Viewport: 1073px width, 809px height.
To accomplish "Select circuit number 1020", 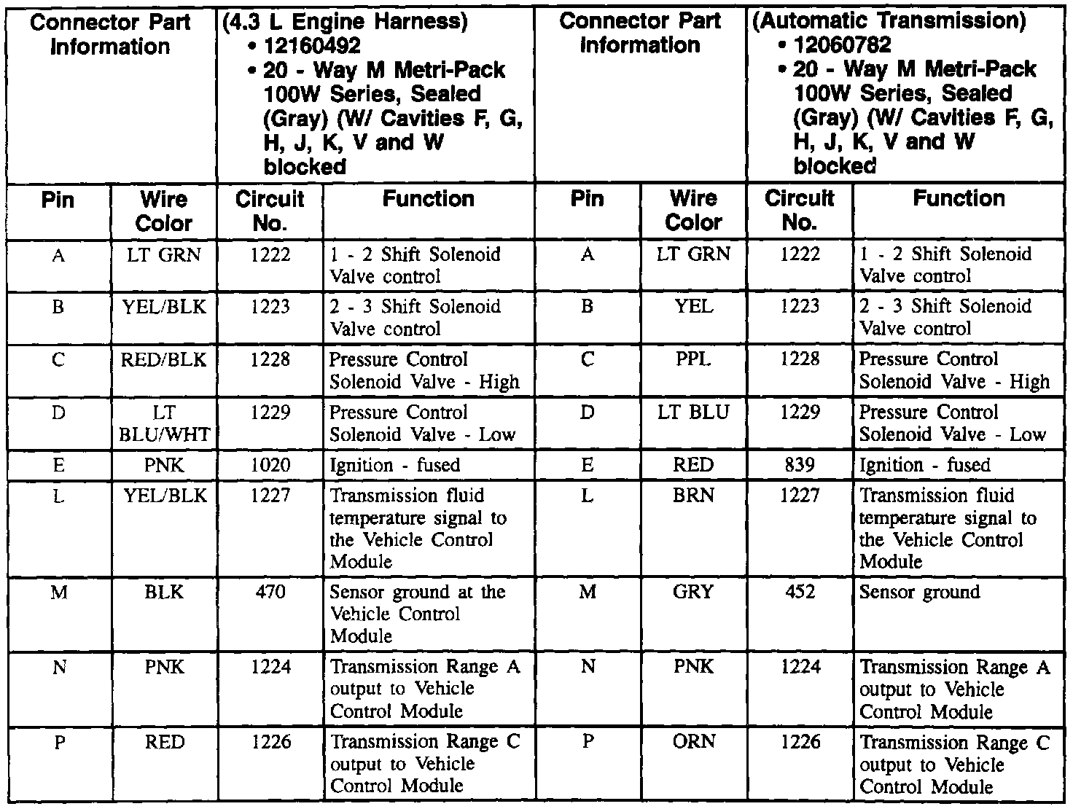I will [270, 465].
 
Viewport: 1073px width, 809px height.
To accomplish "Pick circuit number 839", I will [800, 465].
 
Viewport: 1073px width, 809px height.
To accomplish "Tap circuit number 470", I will [270, 592].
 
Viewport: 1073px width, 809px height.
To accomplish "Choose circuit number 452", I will [800, 592].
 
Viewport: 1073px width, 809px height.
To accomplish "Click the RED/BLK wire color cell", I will [165, 360].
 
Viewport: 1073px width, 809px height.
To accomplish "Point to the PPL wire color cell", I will [693, 359].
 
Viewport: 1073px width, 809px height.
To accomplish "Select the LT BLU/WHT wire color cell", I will [165, 423].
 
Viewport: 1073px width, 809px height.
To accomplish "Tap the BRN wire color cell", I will [693, 496].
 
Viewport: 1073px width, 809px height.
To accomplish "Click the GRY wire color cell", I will [693, 592].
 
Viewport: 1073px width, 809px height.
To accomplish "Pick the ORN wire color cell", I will [693, 742].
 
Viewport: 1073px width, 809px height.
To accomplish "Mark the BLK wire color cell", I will [165, 592].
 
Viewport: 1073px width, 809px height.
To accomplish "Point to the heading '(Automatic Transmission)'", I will [889, 20].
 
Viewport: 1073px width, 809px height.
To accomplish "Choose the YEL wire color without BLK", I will [693, 307].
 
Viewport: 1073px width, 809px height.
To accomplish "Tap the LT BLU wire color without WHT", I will [693, 413].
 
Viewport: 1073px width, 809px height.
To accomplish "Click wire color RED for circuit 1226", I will [165, 742].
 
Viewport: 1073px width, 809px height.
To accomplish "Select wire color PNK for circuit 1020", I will [165, 465].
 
